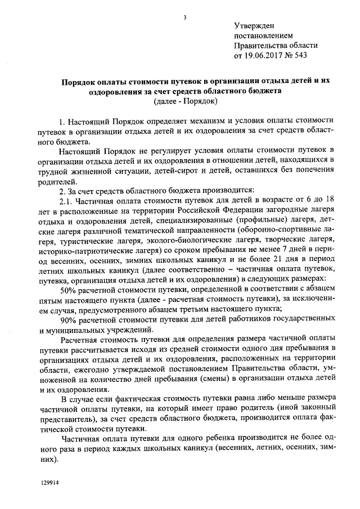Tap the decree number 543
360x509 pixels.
[x=301, y=55]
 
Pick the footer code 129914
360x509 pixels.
[x=49, y=483]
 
